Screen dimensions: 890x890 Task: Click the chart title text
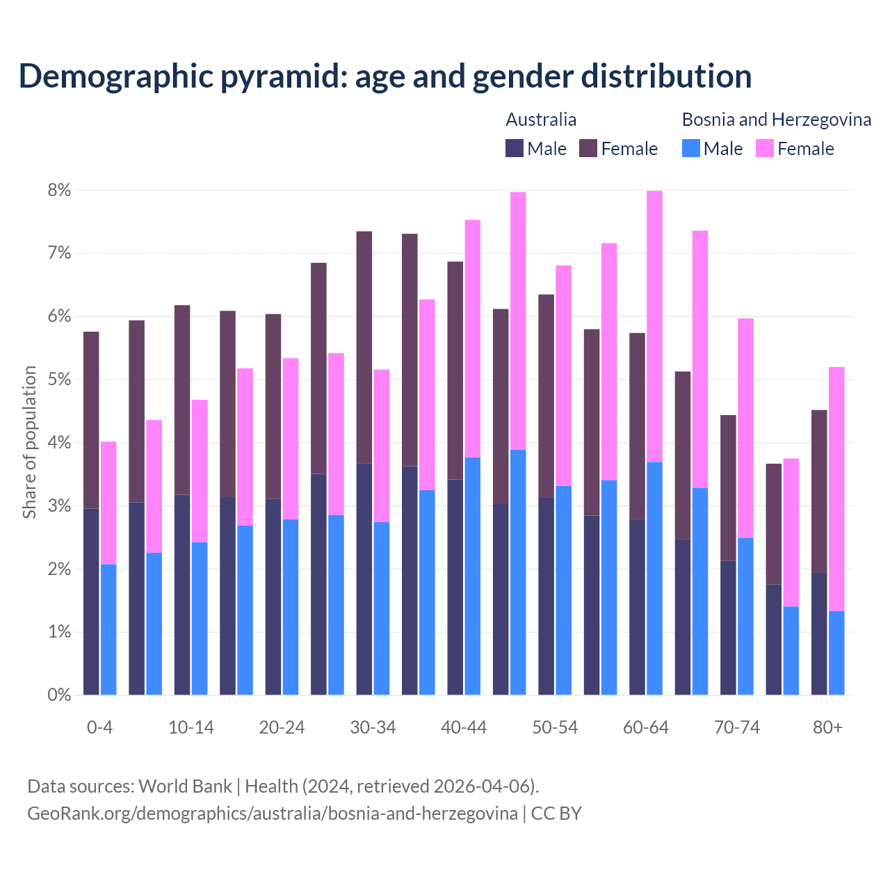pyautogui.click(x=385, y=76)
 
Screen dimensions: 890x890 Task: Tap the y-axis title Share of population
pyautogui.click(x=29, y=442)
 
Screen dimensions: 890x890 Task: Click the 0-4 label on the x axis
pyautogui.click(x=99, y=727)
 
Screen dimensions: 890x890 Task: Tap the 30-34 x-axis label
pyautogui.click(x=373, y=727)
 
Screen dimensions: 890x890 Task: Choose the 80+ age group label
pyautogui.click(x=827, y=727)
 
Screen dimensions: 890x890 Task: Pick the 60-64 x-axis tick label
pyautogui.click(x=646, y=727)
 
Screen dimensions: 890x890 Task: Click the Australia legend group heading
pyautogui.click(x=541, y=120)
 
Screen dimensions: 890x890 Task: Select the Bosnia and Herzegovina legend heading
pyautogui.click(x=776, y=120)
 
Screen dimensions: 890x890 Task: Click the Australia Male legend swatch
pyautogui.click(x=515, y=149)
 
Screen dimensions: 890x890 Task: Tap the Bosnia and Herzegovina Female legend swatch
pyautogui.click(x=764, y=149)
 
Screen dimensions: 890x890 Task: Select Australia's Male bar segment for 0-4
pyautogui.click(x=91, y=601)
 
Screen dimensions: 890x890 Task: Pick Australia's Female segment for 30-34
pyautogui.click(x=364, y=348)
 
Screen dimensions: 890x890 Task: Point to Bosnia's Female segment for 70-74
pyautogui.click(x=745, y=428)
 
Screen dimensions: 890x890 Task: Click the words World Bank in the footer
pyautogui.click(x=185, y=786)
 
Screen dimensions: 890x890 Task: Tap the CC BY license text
pyautogui.click(x=556, y=814)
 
